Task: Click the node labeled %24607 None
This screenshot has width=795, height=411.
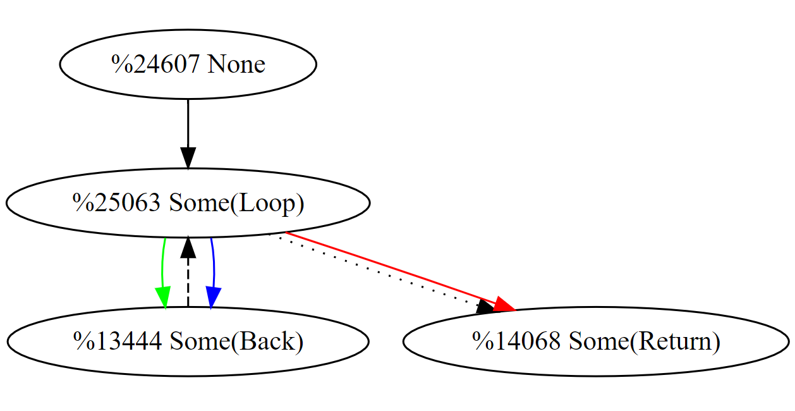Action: [x=188, y=64]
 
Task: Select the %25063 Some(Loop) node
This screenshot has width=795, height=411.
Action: [x=188, y=203]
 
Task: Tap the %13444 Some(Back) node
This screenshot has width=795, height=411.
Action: [x=188, y=341]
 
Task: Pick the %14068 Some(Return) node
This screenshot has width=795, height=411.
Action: [x=596, y=341]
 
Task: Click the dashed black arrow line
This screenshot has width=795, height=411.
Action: [x=188, y=285]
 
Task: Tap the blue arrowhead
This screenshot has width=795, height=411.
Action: [x=212, y=297]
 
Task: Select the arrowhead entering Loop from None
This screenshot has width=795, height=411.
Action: [x=188, y=158]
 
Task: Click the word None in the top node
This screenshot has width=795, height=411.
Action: [x=236, y=64]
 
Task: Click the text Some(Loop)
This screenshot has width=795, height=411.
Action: [x=237, y=203]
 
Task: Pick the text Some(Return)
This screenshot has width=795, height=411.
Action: [x=645, y=341]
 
